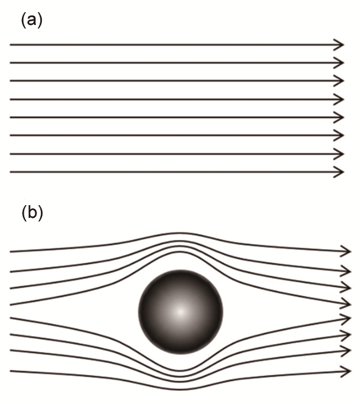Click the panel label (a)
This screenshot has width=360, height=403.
pos(32,21)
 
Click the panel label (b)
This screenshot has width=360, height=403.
pos(32,213)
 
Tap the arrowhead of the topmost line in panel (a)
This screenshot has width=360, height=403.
pos(339,44)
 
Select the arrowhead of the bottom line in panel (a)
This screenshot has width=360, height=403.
pos(339,172)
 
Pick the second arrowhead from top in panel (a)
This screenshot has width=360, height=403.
pos(339,63)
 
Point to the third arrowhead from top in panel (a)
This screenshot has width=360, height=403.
pos(339,81)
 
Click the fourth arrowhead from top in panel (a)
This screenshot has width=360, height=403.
pos(339,99)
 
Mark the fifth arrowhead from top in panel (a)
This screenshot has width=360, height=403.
pos(339,117)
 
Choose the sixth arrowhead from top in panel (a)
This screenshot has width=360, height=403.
pos(339,135)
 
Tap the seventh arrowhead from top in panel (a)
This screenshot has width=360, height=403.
pos(339,154)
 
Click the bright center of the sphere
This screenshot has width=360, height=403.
pos(180,312)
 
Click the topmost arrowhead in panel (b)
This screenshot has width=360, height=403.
pos(346,251)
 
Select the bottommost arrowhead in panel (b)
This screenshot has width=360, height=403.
pos(346,371)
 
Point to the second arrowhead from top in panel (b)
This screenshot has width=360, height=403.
pos(346,271)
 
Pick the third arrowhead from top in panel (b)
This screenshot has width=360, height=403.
pos(346,287)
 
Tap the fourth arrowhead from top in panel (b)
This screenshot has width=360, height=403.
pos(346,304)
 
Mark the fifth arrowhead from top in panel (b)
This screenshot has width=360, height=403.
pos(346,319)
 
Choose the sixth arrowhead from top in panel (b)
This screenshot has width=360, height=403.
pos(346,335)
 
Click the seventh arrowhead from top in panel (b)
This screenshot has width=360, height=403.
pos(346,351)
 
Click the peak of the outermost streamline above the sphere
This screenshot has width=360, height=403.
pos(180,233)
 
